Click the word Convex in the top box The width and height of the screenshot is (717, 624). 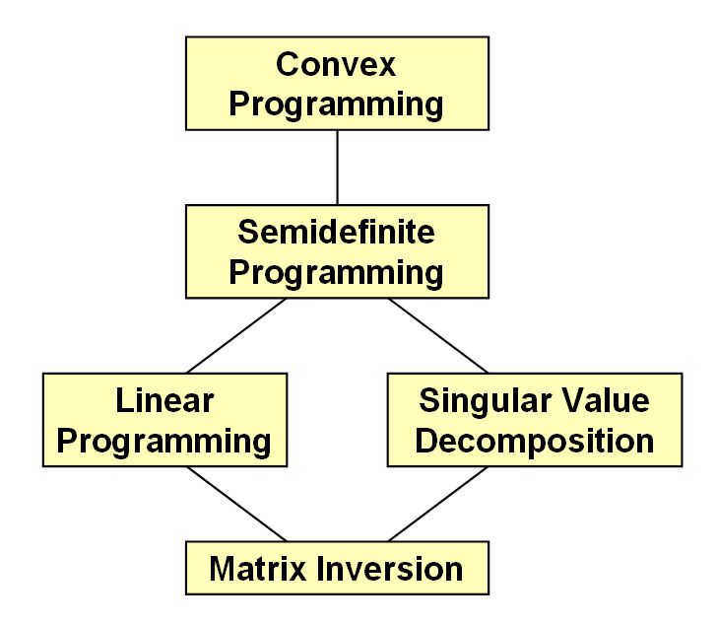pyautogui.click(x=336, y=64)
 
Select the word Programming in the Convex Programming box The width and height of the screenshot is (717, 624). pyautogui.click(x=336, y=104)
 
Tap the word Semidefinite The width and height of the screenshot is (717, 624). pyautogui.click(x=336, y=232)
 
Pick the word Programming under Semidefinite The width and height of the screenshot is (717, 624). pyautogui.click(x=336, y=273)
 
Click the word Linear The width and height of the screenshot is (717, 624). pyautogui.click(x=164, y=400)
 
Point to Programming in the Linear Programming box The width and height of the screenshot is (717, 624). pyautogui.click(x=164, y=442)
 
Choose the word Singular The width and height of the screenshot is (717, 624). pyautogui.click(x=485, y=401)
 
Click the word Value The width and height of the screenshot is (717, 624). pyautogui.click(x=606, y=400)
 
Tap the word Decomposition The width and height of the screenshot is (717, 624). pyautogui.click(x=535, y=442)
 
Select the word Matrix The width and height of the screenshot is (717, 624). pyautogui.click(x=257, y=569)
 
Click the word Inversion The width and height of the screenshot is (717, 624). pyautogui.click(x=389, y=569)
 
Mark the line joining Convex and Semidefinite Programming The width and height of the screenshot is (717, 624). pyautogui.click(x=338, y=168)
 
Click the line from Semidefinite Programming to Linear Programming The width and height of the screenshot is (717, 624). pyautogui.click(x=236, y=335)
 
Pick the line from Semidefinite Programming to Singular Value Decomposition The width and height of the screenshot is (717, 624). pyautogui.click(x=438, y=335)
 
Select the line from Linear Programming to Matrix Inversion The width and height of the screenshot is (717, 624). pyautogui.click(x=236, y=504)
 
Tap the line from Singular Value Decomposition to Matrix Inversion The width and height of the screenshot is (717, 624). pyautogui.click(x=438, y=504)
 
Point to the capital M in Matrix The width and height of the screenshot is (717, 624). pyautogui.click(x=225, y=569)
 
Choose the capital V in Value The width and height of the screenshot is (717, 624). pyautogui.click(x=574, y=400)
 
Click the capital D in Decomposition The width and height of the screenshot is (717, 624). pyautogui.click(x=427, y=441)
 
